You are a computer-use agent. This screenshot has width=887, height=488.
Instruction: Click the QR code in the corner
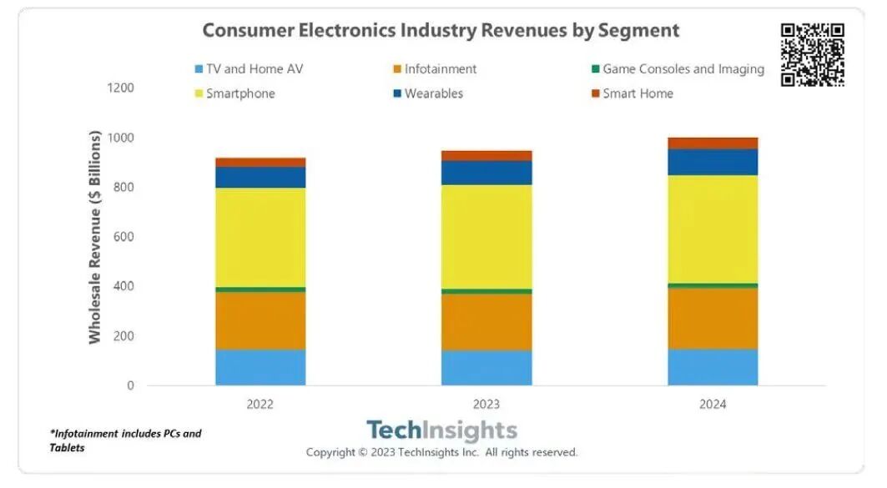(812, 54)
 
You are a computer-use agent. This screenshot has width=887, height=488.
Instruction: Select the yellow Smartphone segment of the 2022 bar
(260, 238)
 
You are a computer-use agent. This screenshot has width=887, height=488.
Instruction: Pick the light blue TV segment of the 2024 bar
(713, 367)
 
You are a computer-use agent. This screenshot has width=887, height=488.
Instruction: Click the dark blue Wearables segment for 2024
(713, 162)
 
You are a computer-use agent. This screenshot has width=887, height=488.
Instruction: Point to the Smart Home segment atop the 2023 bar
(486, 156)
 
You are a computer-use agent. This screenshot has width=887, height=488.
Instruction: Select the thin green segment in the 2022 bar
(260, 289)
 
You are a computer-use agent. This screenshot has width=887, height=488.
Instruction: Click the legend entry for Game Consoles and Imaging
(683, 69)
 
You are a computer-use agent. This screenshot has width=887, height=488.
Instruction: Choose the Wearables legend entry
(433, 93)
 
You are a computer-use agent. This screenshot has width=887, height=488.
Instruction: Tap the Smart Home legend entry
(638, 93)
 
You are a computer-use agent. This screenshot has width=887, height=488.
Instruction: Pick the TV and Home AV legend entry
(254, 69)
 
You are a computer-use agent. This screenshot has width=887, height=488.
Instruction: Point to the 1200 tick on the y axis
(121, 88)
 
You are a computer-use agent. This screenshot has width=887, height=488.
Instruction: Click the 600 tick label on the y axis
(123, 237)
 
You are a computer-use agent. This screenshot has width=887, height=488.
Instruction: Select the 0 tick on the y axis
(130, 386)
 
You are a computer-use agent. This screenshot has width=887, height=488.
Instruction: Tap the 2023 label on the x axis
(486, 405)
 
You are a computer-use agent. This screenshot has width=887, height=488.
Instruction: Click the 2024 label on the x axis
(713, 405)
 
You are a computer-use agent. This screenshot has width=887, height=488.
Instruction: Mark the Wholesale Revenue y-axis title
(94, 237)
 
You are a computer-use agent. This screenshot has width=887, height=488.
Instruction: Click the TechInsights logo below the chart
(441, 431)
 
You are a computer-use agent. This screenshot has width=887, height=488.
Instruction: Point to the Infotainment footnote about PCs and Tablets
(125, 440)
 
